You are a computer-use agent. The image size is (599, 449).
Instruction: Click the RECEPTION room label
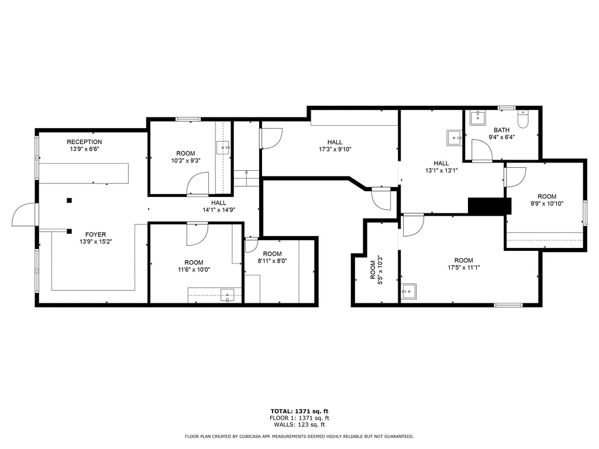click(x=84, y=142)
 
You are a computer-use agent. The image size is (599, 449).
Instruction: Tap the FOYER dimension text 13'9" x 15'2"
click(x=95, y=241)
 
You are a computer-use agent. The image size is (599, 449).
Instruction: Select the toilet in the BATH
click(x=524, y=119)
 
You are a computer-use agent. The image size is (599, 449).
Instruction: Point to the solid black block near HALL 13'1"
click(x=490, y=206)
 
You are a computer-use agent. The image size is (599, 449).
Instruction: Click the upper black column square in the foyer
click(x=69, y=201)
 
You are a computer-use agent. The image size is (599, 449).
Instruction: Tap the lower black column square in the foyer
click(x=69, y=230)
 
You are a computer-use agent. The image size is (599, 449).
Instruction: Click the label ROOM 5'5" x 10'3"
click(x=376, y=270)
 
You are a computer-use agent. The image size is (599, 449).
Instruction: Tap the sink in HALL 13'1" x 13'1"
click(x=455, y=137)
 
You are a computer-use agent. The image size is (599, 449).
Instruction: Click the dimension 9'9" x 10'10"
click(x=547, y=203)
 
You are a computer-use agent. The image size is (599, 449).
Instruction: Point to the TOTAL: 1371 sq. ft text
click(x=299, y=411)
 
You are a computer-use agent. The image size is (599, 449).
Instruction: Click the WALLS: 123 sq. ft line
click(x=299, y=424)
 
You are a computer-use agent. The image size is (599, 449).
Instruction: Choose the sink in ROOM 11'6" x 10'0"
click(x=227, y=295)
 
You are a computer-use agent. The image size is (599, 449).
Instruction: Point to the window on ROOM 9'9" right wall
click(x=584, y=213)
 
